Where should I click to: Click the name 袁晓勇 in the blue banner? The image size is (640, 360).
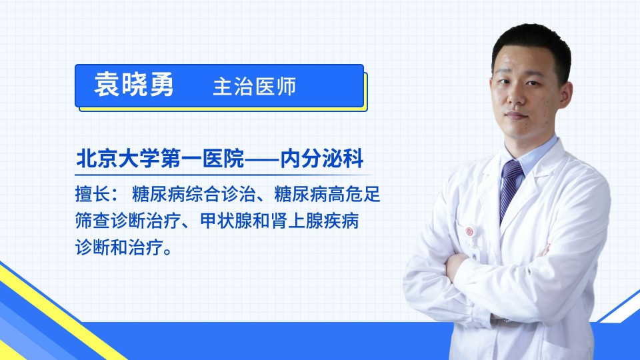(134, 85)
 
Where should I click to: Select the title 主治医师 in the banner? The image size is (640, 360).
(254, 87)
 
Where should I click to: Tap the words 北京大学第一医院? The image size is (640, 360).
(160, 159)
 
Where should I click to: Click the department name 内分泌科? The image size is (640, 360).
(321, 159)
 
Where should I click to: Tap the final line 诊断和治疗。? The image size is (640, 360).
(124, 247)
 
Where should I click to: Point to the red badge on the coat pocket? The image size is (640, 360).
(469, 231)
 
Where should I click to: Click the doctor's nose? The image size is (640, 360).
(516, 98)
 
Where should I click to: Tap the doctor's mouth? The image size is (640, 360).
(516, 115)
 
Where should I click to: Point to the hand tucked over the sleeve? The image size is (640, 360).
(455, 266)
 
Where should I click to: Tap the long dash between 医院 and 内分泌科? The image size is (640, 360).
(262, 159)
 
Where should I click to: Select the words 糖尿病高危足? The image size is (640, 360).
(327, 194)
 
